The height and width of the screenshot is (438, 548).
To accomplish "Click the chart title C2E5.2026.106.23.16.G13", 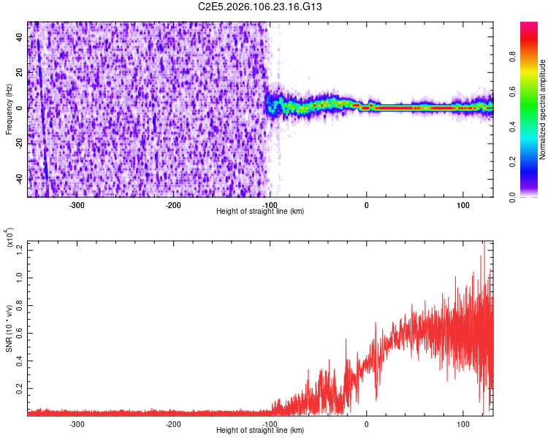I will pos(270,7).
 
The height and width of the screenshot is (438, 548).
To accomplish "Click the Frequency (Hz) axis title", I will pos(9,109).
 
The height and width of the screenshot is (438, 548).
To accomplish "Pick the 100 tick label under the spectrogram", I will pos(463,205).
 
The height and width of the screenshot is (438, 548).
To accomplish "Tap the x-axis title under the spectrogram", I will pos(260,212).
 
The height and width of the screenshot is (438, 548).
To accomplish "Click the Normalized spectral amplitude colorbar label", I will pos(542,109).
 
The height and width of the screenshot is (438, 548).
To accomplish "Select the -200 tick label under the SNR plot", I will pos(173,424).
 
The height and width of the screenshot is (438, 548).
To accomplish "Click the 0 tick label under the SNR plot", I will pos(367,424).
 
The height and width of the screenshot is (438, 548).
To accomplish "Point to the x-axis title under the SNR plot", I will pos(260,431).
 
